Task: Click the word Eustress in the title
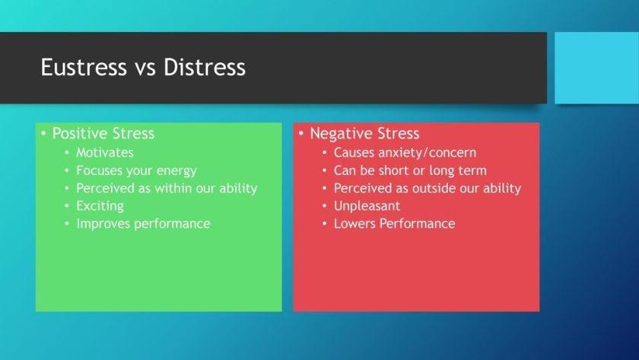[x=84, y=67]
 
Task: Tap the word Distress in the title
[x=205, y=67]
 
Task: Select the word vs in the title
[x=145, y=69]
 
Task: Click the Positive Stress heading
[x=103, y=133]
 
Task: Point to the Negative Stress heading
[x=364, y=134]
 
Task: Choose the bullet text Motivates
[x=105, y=152]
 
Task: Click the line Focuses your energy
[x=136, y=170]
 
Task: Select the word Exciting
[x=100, y=206]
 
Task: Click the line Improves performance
[x=143, y=224]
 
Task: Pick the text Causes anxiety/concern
[x=405, y=152]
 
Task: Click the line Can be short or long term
[x=410, y=170]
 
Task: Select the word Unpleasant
[x=367, y=206]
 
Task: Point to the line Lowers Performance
[x=395, y=224]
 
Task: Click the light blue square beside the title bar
[x=596, y=68]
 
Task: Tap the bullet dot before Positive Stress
[x=43, y=133]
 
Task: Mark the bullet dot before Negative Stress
[x=301, y=133]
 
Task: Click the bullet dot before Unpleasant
[x=324, y=206]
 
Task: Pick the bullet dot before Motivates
[x=67, y=152]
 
